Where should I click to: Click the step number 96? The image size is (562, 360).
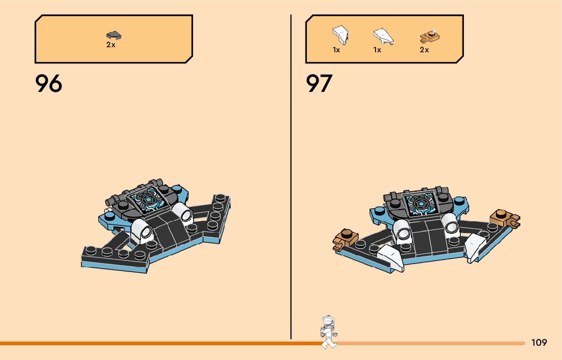[49, 84]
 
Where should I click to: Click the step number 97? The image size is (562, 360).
[319, 84]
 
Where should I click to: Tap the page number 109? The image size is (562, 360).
[539, 343]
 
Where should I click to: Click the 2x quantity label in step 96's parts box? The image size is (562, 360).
[111, 45]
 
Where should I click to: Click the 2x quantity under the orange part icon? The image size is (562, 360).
[424, 50]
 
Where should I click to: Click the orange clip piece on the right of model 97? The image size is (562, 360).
[505, 218]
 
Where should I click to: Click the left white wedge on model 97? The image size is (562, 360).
[391, 256]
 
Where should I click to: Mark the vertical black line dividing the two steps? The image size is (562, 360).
[291, 178]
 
